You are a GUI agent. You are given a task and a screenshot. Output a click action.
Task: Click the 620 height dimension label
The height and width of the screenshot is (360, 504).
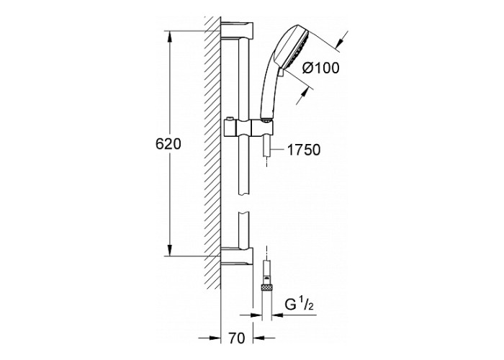pos(168,144)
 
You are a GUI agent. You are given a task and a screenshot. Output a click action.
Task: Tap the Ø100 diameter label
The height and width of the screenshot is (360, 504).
pos(321,68)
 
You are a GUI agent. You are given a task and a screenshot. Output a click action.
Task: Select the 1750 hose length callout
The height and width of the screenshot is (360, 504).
pos(303,150)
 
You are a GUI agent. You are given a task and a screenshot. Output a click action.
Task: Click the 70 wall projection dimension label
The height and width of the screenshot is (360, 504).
pos(237,338)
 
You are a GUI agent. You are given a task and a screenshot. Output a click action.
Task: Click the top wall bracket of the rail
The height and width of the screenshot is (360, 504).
pos(237,30)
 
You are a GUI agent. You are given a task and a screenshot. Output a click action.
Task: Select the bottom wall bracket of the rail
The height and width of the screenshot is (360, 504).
pos(237,256)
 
